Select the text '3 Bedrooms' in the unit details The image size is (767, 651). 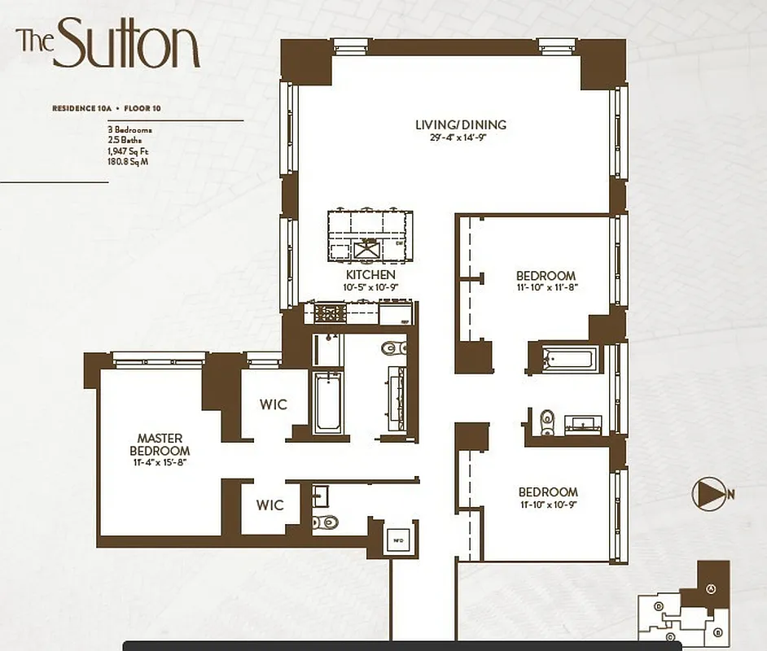(x=129, y=129)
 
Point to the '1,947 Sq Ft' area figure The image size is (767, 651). (x=129, y=151)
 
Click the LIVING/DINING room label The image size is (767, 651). (x=461, y=125)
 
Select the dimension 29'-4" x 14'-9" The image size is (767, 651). (x=461, y=138)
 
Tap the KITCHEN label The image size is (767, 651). (x=370, y=276)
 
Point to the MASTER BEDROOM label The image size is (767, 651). (x=163, y=444)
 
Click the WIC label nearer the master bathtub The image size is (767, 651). (x=274, y=404)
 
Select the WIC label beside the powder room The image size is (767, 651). (x=270, y=505)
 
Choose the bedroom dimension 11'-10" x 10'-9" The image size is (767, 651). (x=548, y=505)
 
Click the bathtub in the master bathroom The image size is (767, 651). (x=327, y=401)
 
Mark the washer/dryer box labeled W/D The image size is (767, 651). (x=398, y=539)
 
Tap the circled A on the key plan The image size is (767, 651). (x=710, y=589)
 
